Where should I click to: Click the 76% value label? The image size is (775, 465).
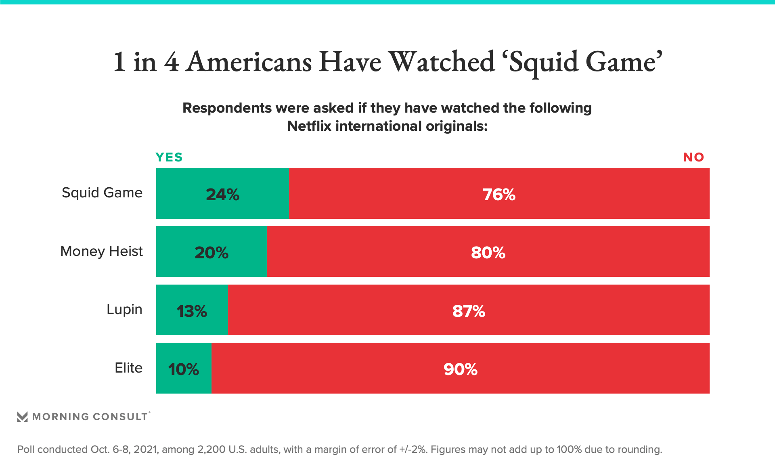tap(499, 195)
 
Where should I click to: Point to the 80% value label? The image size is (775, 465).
tap(488, 253)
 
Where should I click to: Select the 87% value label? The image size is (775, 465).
tap(469, 311)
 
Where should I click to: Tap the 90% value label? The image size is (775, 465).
tap(461, 369)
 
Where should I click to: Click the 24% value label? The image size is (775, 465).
tap(222, 195)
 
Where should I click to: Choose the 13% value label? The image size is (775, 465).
tap(192, 311)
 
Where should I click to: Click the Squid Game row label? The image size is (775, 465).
tap(102, 193)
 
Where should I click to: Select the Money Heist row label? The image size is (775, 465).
tap(102, 251)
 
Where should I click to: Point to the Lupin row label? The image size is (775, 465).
tap(124, 309)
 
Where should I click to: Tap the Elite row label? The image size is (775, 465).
tap(129, 368)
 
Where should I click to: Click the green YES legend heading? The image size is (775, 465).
tap(169, 157)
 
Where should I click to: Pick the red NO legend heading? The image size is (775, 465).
tap(693, 157)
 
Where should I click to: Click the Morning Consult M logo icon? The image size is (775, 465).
tap(23, 417)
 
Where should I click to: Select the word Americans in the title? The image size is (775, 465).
tap(249, 62)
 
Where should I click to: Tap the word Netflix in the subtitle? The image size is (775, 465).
tap(309, 126)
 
